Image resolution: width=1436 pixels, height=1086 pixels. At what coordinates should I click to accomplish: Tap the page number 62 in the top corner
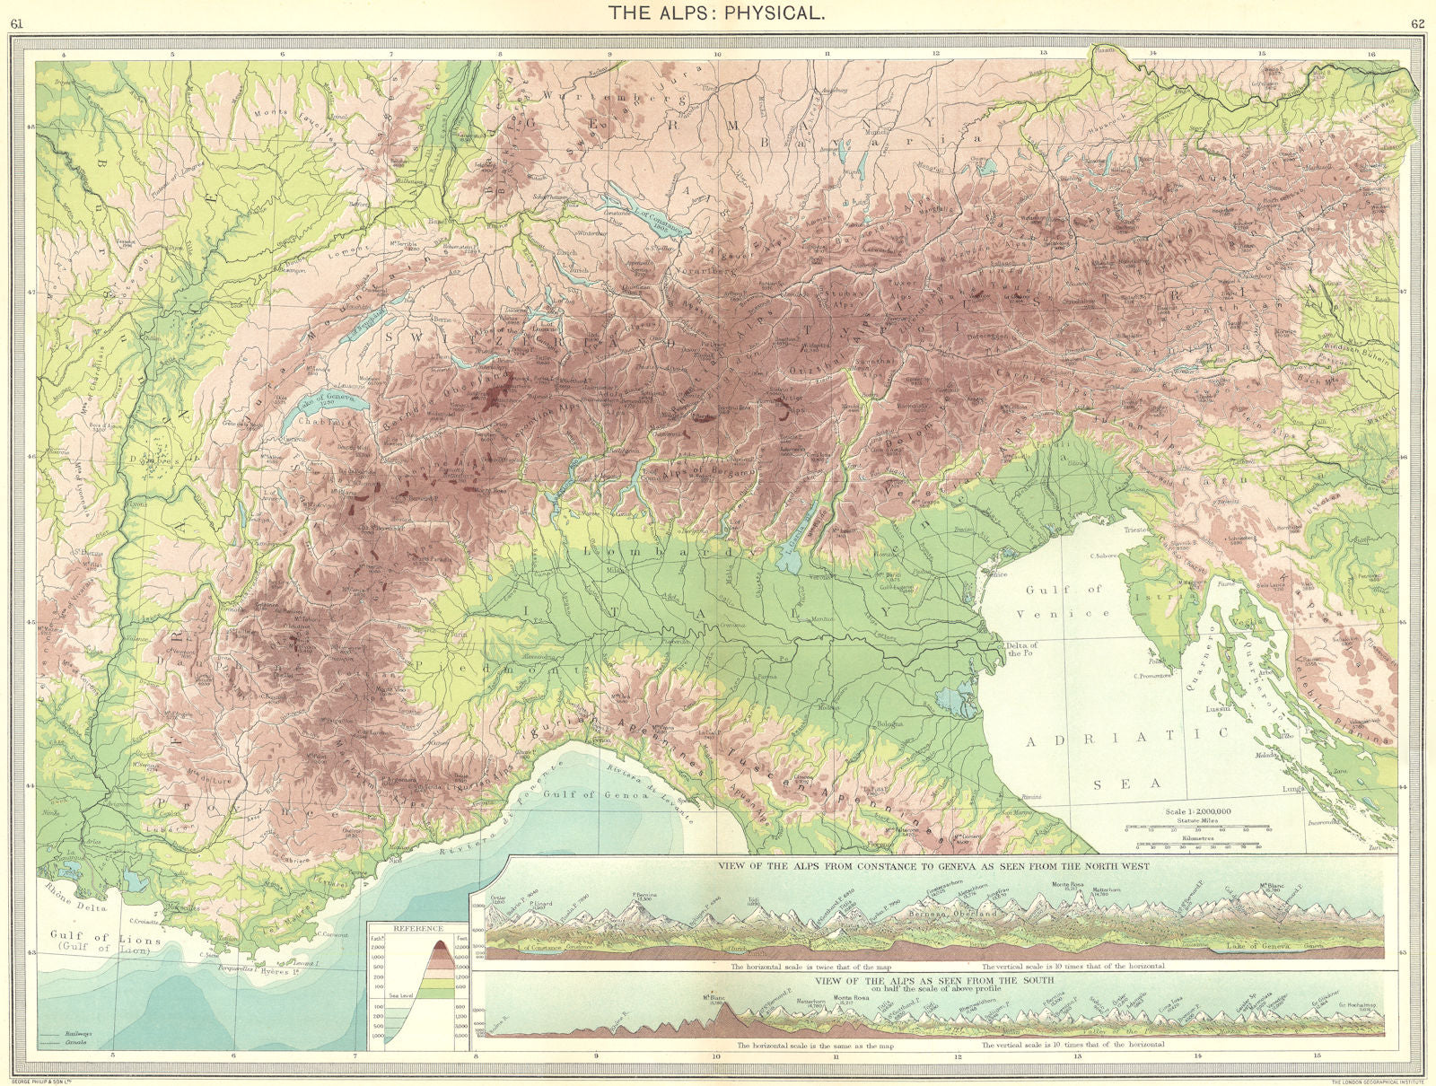[1415, 23]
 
